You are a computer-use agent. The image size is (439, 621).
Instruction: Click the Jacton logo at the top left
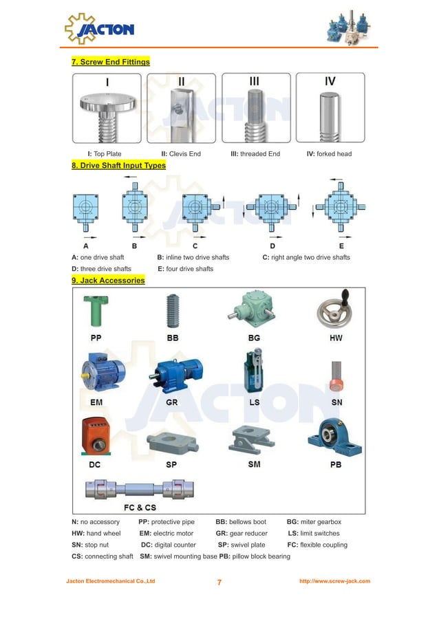tap(100, 28)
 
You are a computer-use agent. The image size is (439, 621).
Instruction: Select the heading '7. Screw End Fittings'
tap(111, 62)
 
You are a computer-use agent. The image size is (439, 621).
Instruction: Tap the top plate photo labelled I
tap(107, 108)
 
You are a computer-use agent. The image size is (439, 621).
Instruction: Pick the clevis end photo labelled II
tap(181, 108)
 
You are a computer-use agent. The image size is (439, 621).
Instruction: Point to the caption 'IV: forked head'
tap(329, 153)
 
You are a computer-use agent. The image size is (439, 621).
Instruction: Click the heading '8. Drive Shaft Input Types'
tap(118, 165)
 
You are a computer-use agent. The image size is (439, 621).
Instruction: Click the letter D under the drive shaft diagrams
tap(272, 246)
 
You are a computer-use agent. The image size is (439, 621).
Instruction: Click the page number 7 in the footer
tap(219, 582)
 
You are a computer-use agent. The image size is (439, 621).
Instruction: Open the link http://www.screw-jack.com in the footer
tap(334, 581)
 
